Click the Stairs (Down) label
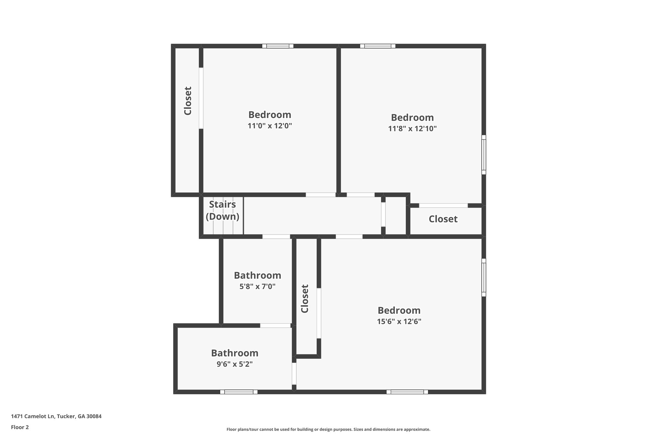point(222,210)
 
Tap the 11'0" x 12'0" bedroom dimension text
point(270,126)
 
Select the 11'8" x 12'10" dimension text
point(412,129)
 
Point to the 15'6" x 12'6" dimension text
point(399,322)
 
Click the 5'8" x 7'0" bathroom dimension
point(257,286)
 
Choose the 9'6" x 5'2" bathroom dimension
point(235,364)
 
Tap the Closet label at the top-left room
point(188,101)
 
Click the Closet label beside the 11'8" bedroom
point(443,219)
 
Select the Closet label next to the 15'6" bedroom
point(304,299)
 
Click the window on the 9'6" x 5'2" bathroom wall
point(239,392)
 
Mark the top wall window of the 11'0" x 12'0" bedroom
point(278,46)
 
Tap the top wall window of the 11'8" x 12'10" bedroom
point(378,46)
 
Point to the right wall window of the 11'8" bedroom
point(484,155)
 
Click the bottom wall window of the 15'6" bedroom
point(407,392)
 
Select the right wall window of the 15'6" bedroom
point(484,278)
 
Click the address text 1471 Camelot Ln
point(56,417)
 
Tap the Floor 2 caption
point(20,427)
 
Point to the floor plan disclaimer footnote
point(328,429)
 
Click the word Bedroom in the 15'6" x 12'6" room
point(399,310)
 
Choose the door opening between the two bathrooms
point(275,325)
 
